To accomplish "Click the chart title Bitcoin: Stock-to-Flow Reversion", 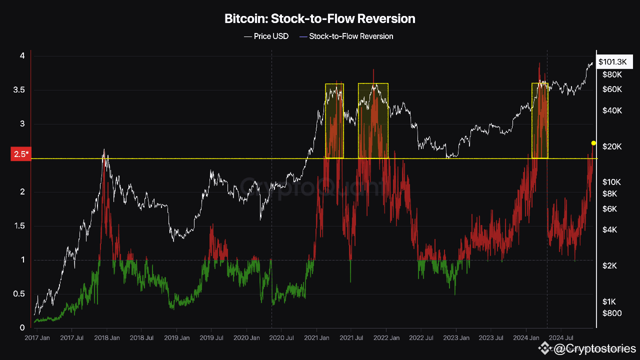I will [x=320, y=19].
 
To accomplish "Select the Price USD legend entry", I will [x=266, y=36].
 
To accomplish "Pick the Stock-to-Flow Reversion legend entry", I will [x=346, y=36].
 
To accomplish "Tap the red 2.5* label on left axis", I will [x=20, y=154].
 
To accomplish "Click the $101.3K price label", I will [x=612, y=61].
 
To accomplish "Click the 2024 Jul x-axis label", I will [x=561, y=337].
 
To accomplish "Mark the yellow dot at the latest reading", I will [x=593, y=143].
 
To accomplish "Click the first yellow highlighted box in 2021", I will [x=334, y=121].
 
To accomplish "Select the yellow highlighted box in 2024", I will [x=539, y=121].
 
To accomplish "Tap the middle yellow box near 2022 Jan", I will [x=373, y=121].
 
